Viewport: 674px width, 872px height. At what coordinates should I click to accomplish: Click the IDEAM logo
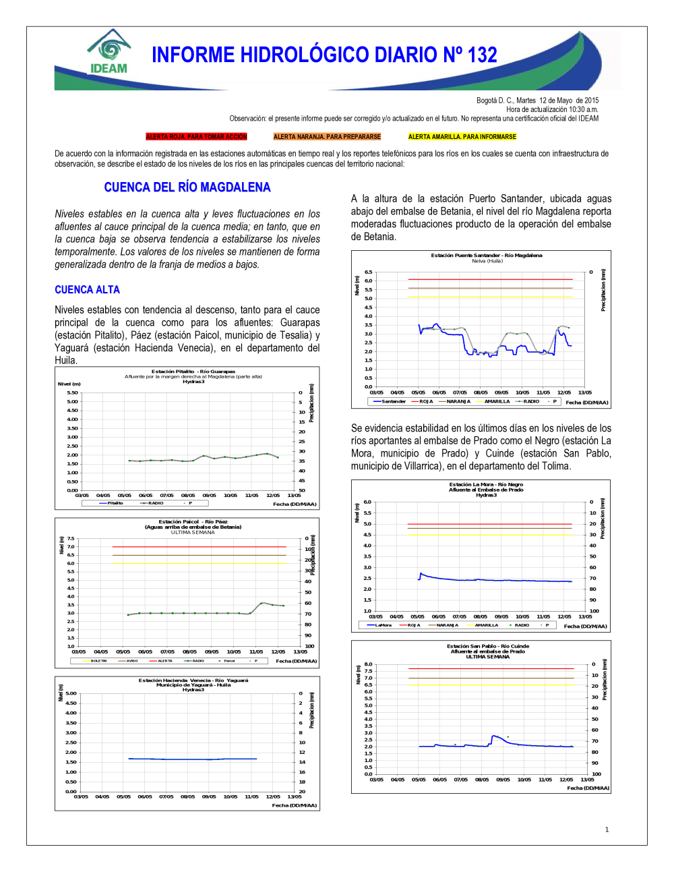click(108, 52)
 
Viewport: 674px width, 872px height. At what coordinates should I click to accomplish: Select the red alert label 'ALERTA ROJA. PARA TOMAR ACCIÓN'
click(197, 137)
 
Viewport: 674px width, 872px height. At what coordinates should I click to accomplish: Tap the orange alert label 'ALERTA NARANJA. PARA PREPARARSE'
click(327, 137)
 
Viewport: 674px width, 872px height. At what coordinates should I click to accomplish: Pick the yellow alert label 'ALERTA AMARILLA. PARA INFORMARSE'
click(462, 137)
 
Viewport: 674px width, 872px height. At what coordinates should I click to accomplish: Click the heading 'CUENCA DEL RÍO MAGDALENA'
click(187, 187)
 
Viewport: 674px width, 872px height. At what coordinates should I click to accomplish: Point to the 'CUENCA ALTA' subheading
click(87, 290)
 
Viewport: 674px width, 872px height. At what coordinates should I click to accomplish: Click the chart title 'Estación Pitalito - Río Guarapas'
click(193, 372)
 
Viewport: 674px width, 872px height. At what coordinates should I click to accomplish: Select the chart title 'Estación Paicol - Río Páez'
click(193, 522)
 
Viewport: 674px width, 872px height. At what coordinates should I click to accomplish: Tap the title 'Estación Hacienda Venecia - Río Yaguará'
click(193, 680)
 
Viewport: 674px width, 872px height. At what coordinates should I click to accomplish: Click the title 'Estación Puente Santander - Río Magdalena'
click(487, 256)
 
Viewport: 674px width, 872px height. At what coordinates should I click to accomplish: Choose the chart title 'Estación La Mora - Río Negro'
click(486, 484)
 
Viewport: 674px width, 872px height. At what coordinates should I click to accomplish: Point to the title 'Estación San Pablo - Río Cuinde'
click(488, 646)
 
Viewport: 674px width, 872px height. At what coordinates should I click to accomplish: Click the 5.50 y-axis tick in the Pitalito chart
click(72, 393)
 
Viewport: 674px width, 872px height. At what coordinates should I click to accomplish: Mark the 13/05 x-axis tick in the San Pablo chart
click(587, 780)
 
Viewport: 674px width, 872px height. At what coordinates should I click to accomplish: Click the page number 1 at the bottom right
click(607, 830)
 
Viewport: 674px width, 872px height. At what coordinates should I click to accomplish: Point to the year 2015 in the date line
click(591, 100)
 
